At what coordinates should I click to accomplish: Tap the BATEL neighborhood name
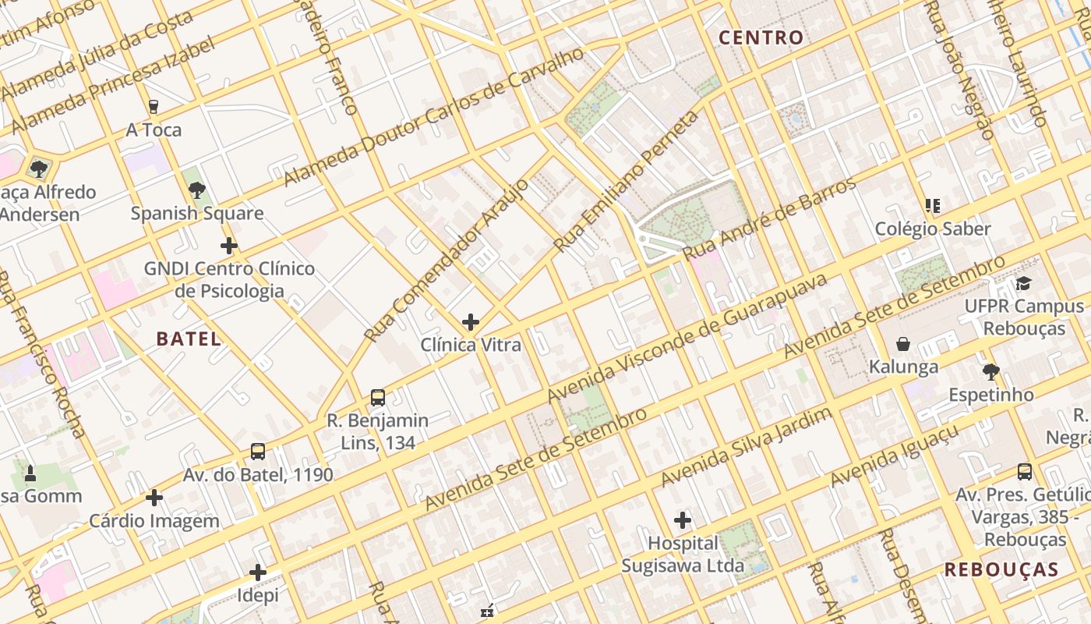pos(189,339)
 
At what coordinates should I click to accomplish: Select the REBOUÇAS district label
pos(1001,569)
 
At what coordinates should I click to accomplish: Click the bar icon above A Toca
pos(154,107)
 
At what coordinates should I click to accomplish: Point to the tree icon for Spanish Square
pos(196,190)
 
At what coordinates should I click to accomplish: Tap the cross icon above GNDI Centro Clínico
pos(228,246)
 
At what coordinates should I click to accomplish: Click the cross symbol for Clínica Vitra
pos(471,321)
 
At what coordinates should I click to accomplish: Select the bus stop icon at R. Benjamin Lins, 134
pos(378,398)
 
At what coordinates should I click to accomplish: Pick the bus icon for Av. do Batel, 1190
pos(258,452)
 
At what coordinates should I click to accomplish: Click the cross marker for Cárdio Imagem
pos(154,497)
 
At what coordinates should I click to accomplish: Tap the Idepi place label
pos(258,595)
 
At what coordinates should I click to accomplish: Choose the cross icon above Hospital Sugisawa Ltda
pos(683,519)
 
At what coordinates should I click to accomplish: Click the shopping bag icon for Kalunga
pos(903,344)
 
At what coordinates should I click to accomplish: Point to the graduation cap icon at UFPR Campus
pos(1023,283)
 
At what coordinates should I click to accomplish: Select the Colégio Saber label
pos(933,229)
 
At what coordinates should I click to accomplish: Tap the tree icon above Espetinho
pos(990,372)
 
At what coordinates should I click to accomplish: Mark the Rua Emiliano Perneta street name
pos(627,181)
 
